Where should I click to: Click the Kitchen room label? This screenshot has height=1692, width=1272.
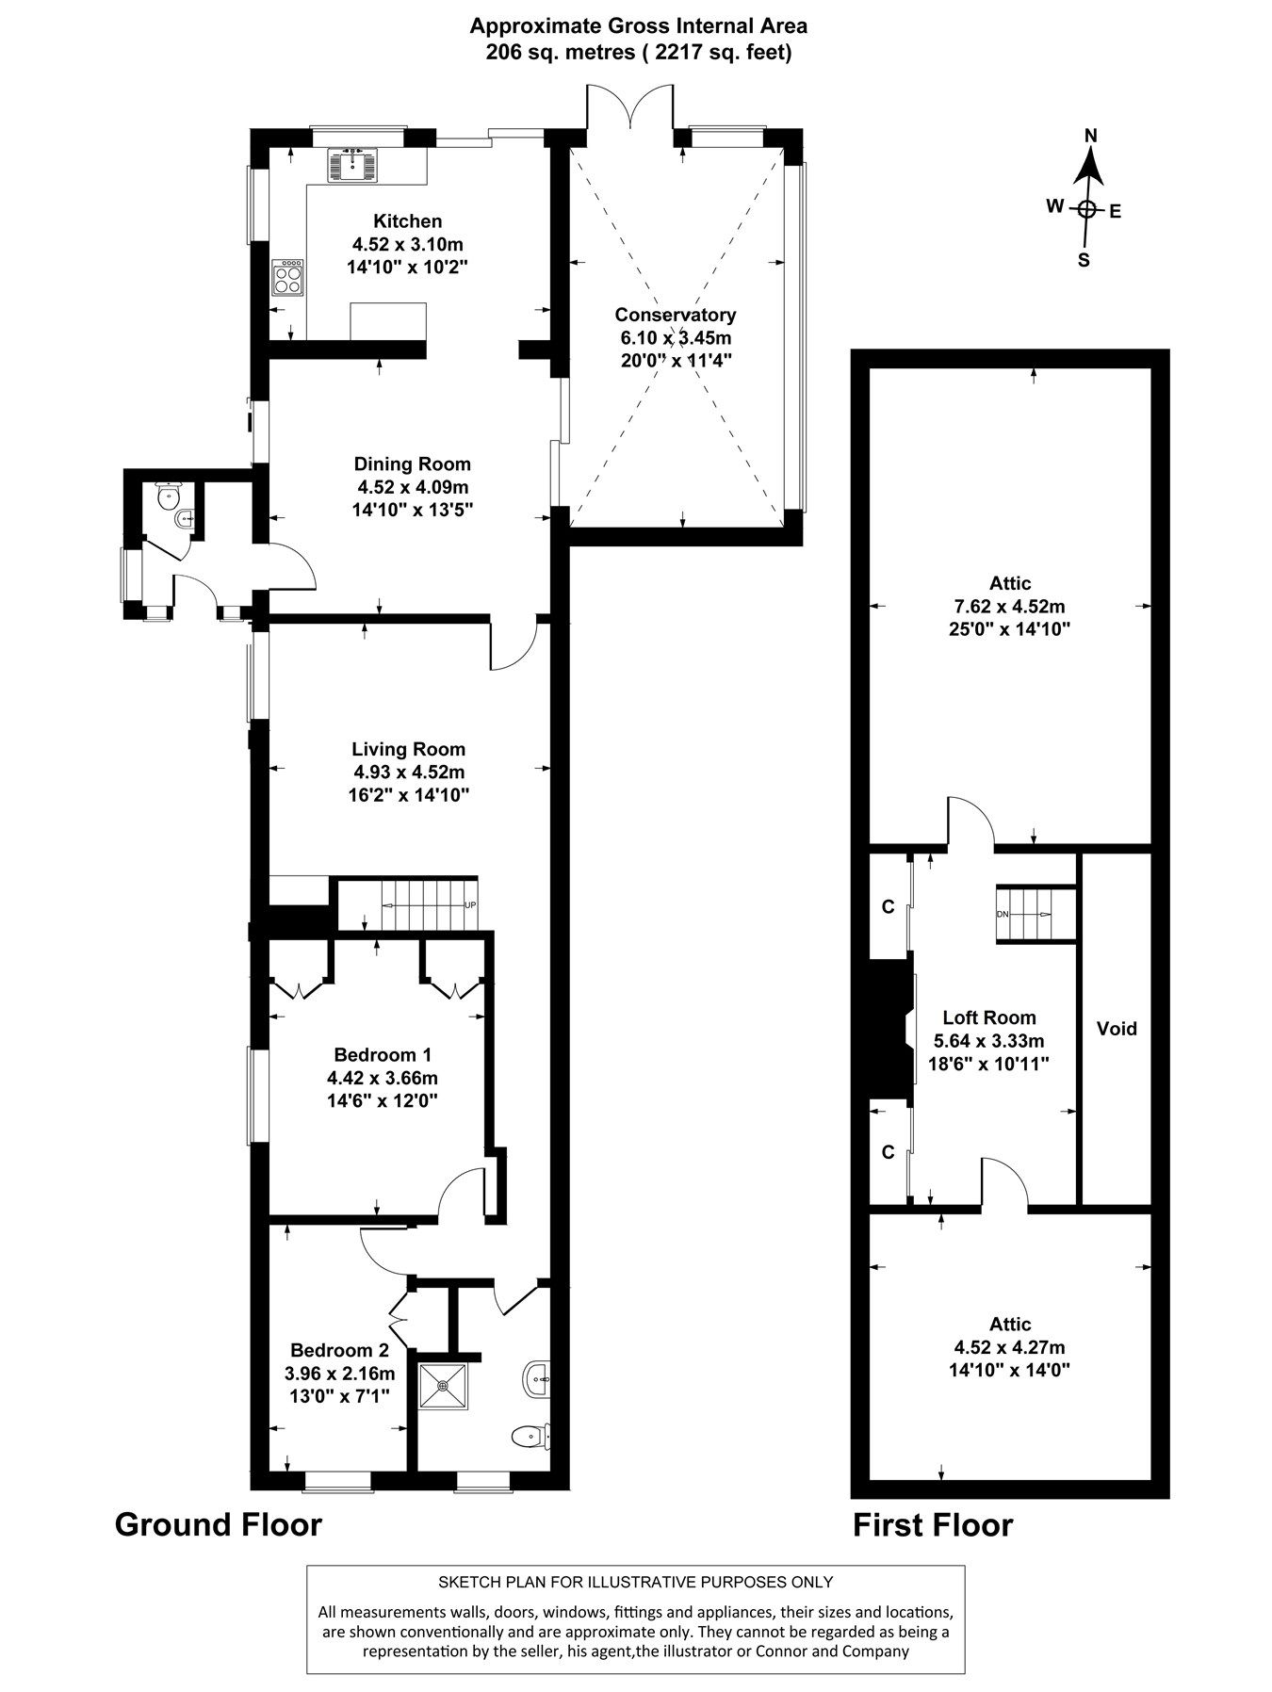tap(407, 221)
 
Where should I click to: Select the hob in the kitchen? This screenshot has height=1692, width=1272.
tap(288, 277)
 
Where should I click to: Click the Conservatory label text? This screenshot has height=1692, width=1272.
tap(675, 315)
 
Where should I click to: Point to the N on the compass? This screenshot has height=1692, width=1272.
tap(1091, 136)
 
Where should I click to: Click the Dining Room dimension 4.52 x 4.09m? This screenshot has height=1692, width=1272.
tap(412, 487)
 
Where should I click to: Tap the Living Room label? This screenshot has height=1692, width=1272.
tap(408, 749)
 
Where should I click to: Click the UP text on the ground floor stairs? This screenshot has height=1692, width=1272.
tap(470, 905)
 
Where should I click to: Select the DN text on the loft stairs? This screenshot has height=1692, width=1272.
tap(1003, 915)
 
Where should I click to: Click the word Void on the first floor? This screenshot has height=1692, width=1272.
tap(1117, 1029)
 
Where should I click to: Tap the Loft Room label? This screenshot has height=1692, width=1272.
tap(989, 1017)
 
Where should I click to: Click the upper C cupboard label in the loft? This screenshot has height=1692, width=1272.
tap(887, 907)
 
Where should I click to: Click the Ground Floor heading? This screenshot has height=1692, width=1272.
tap(218, 1523)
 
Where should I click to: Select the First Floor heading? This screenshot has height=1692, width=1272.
tap(933, 1524)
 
